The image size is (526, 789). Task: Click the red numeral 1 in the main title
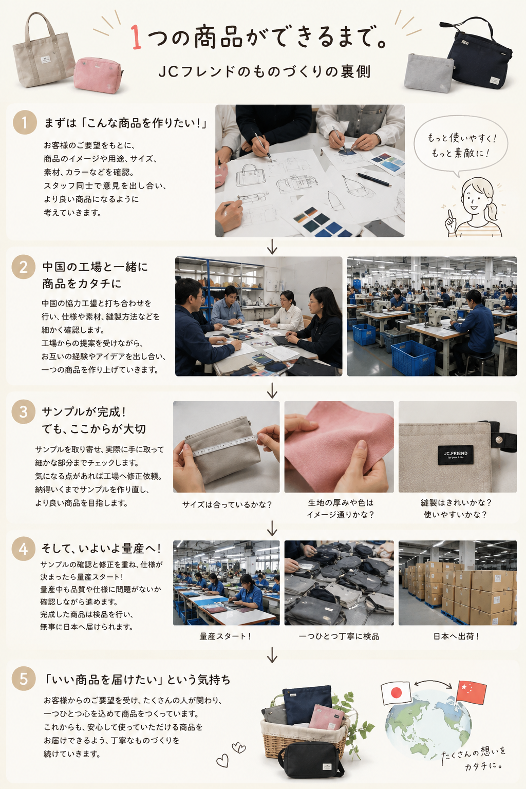(x=136, y=37)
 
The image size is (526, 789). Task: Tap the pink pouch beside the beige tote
(x=98, y=75)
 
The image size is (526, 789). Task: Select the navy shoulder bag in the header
(x=479, y=53)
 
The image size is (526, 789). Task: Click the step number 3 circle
(x=23, y=411)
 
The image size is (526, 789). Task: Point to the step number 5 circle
(x=23, y=679)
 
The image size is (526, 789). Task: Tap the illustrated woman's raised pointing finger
(x=450, y=215)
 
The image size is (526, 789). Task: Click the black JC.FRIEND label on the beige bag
(x=456, y=455)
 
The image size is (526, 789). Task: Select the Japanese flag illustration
(x=396, y=692)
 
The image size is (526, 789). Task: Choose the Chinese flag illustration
(x=471, y=692)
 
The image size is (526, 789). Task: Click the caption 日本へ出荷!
(x=457, y=636)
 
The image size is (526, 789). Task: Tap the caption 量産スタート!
(x=226, y=636)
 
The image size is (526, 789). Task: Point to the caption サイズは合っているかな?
(x=227, y=504)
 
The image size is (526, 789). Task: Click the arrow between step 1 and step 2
(x=272, y=246)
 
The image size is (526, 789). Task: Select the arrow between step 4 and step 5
(x=272, y=654)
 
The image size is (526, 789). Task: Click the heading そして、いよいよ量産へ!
(x=102, y=549)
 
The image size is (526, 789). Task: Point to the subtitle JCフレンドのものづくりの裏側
(x=264, y=71)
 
